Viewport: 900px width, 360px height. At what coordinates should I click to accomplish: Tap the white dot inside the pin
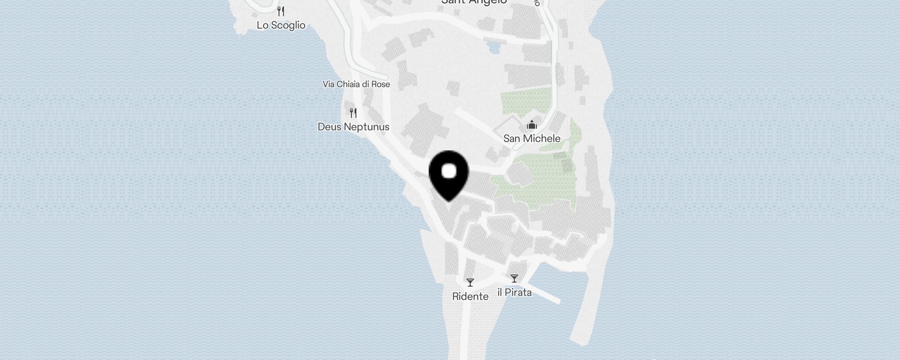[449, 171]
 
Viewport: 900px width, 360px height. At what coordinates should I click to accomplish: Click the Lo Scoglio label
[281, 25]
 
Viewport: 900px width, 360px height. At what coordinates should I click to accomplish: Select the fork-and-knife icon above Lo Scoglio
[281, 11]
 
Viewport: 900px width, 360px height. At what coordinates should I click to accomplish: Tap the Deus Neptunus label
[353, 127]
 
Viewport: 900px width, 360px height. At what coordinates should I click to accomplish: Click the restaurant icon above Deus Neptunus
[353, 112]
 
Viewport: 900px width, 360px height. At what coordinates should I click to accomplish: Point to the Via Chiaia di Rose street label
[356, 84]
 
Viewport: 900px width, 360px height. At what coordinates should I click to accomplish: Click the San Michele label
[531, 139]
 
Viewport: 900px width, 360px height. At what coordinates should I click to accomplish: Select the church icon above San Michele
[532, 125]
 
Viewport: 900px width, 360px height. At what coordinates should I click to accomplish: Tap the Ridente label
[470, 296]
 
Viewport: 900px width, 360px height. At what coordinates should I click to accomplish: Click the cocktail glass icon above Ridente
[470, 283]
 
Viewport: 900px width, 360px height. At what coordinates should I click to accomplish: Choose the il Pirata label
[514, 292]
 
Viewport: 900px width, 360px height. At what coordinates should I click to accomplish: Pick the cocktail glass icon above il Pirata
[514, 279]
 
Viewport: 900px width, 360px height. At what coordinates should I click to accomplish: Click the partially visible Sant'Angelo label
[474, 2]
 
